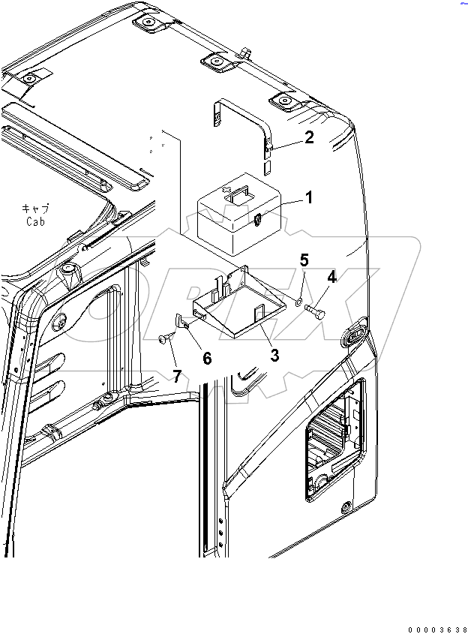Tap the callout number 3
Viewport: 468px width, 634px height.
274,355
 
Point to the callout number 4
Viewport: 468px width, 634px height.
331,277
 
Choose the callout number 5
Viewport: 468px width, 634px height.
304,260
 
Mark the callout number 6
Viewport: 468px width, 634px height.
207,359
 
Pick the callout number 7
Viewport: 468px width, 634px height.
177,376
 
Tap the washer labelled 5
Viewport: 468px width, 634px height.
298,302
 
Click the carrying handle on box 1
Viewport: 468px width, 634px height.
239,194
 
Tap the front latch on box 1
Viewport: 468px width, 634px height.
256,219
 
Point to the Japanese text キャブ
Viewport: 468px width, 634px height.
36,209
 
